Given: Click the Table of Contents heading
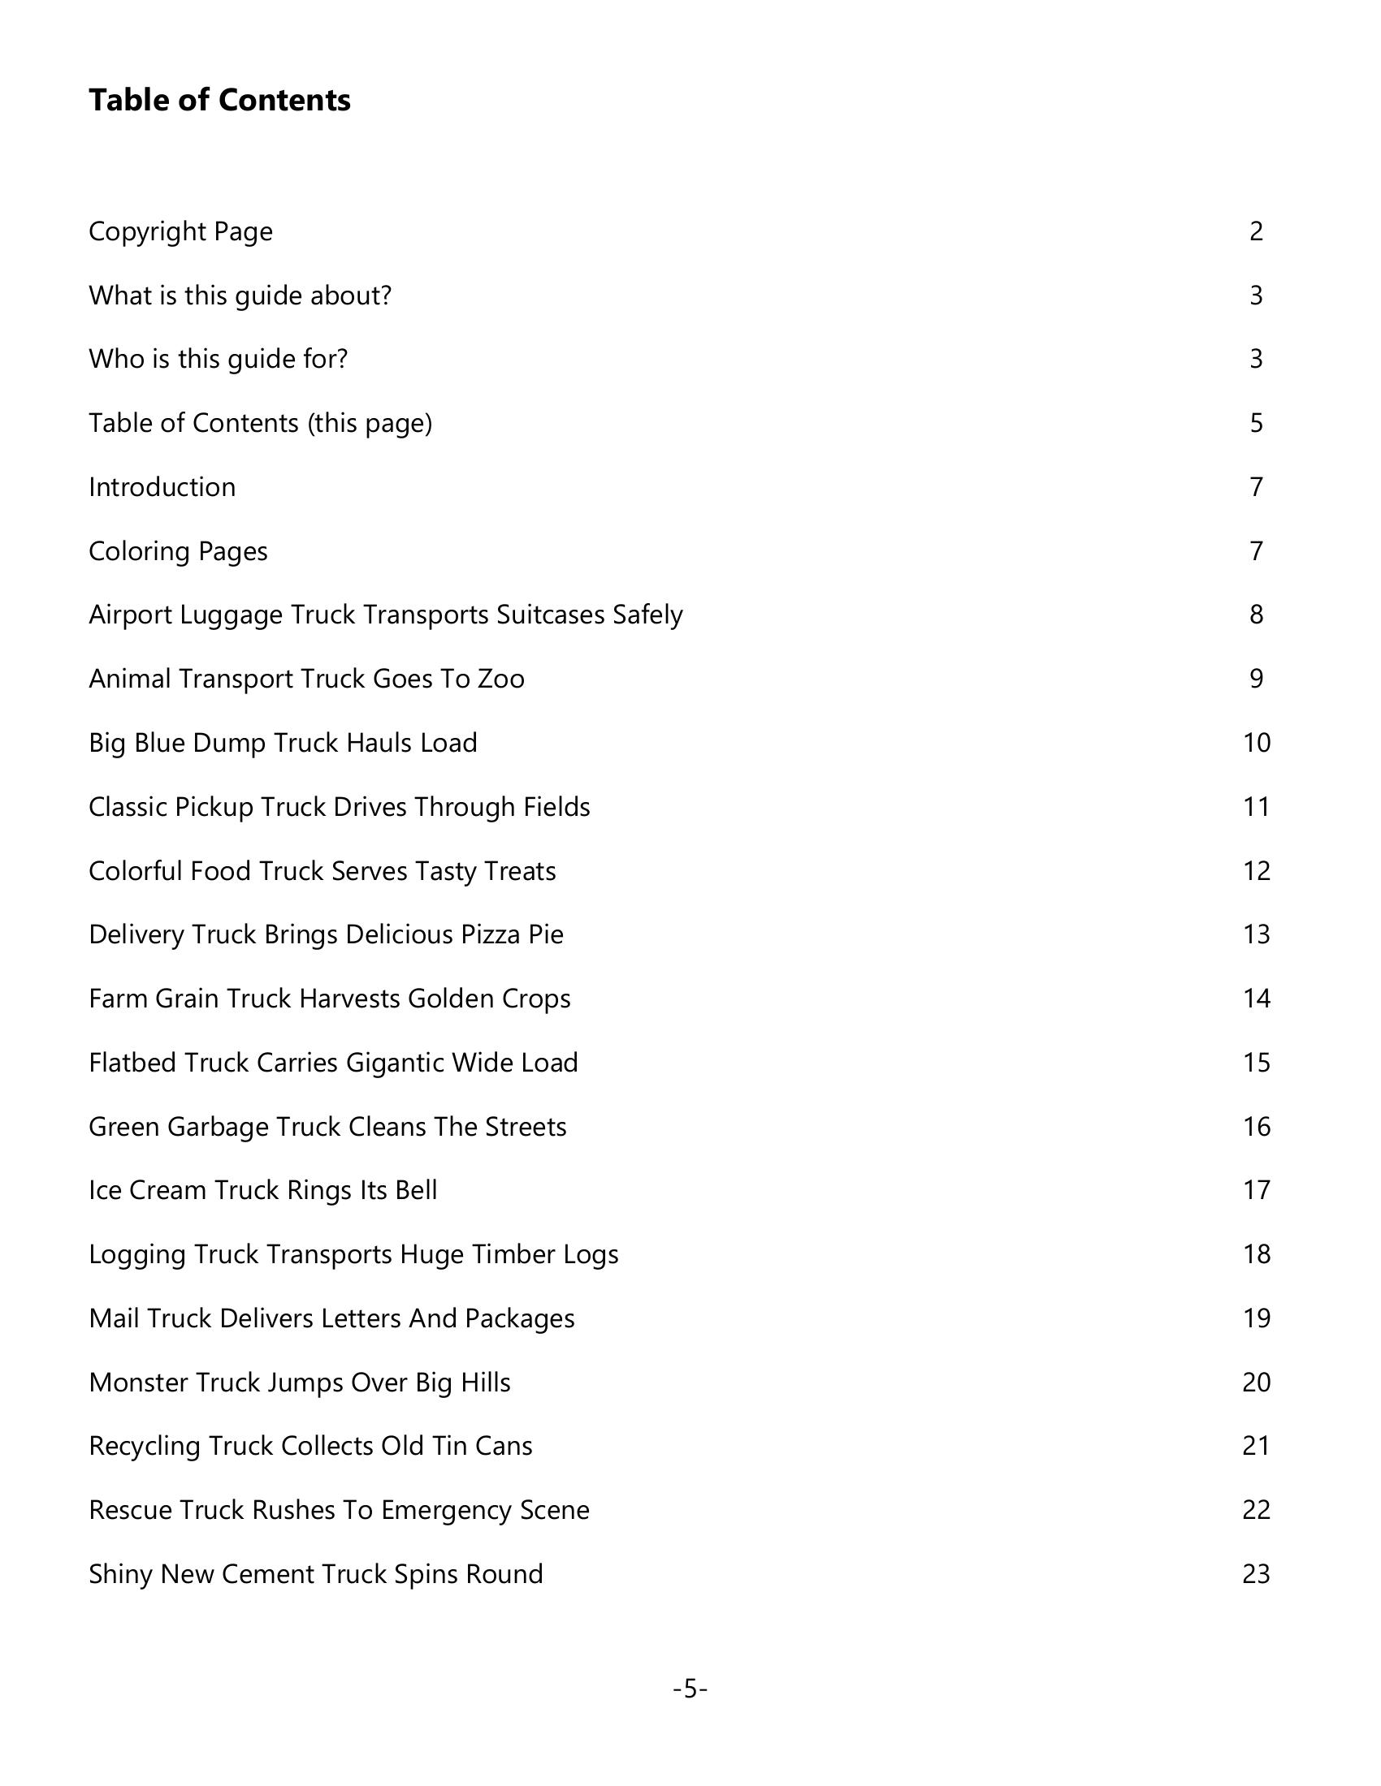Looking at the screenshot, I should [219, 101].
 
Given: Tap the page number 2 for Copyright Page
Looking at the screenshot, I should [1256, 231].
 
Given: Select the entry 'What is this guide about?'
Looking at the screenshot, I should [240, 296].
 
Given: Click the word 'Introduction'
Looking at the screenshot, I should [162, 487].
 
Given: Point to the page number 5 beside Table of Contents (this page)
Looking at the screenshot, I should [1256, 423].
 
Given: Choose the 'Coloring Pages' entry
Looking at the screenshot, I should [178, 551].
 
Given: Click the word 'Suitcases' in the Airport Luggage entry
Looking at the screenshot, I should [551, 615].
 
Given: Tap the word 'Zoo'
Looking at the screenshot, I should [500, 679].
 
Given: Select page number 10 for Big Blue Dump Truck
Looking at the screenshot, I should [1256, 743].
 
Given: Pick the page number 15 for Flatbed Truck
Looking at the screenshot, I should [1256, 1063].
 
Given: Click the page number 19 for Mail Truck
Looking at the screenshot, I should [1256, 1318].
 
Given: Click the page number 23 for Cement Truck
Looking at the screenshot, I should [1256, 1574].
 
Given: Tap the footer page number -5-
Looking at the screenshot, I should [690, 1689].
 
